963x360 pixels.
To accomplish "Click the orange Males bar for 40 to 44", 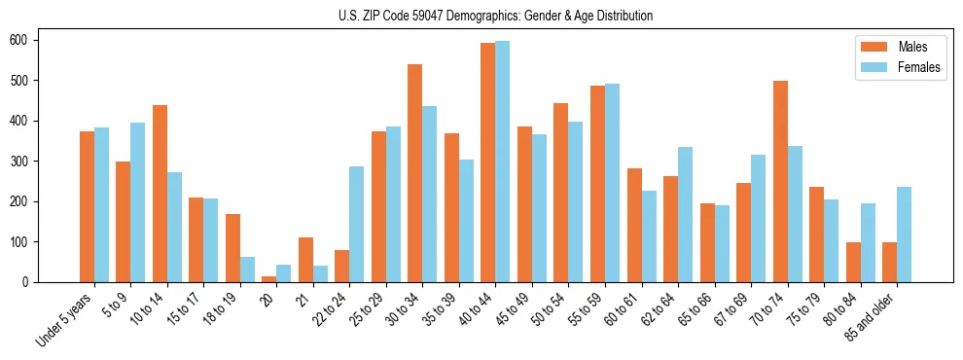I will [487, 162].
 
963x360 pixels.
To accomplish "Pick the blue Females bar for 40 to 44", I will [502, 162].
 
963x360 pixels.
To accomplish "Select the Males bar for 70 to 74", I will [780, 182].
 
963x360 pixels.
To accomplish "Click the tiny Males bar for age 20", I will [268, 279].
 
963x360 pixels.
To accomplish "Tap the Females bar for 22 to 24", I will [356, 225].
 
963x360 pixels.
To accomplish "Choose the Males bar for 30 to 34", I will [414, 173].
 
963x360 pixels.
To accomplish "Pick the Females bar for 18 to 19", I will [247, 270].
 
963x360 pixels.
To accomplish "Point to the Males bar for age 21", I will [305, 260].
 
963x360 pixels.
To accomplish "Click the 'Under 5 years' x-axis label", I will [66, 318].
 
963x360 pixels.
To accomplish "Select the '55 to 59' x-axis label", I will [587, 309].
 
